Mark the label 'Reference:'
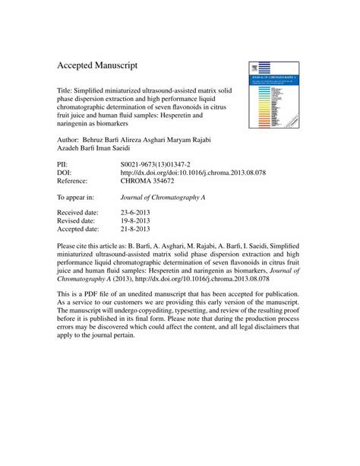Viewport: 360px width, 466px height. (77, 182)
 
